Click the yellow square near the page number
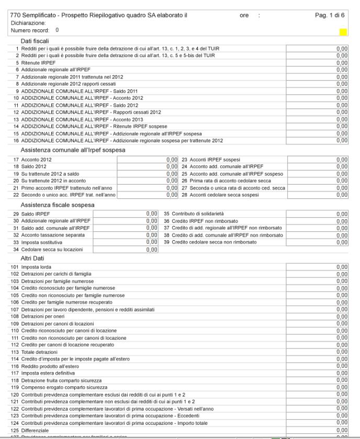343,32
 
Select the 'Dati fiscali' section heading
35,41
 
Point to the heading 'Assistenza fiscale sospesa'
58,205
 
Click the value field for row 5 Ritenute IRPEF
317,62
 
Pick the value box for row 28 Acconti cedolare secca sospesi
317,195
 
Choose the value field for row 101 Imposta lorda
317,267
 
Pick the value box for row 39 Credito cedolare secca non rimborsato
317,242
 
